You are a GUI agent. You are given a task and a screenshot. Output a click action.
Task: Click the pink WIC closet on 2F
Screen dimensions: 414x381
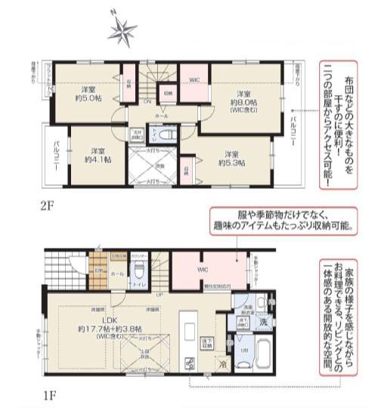pos(193,77)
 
